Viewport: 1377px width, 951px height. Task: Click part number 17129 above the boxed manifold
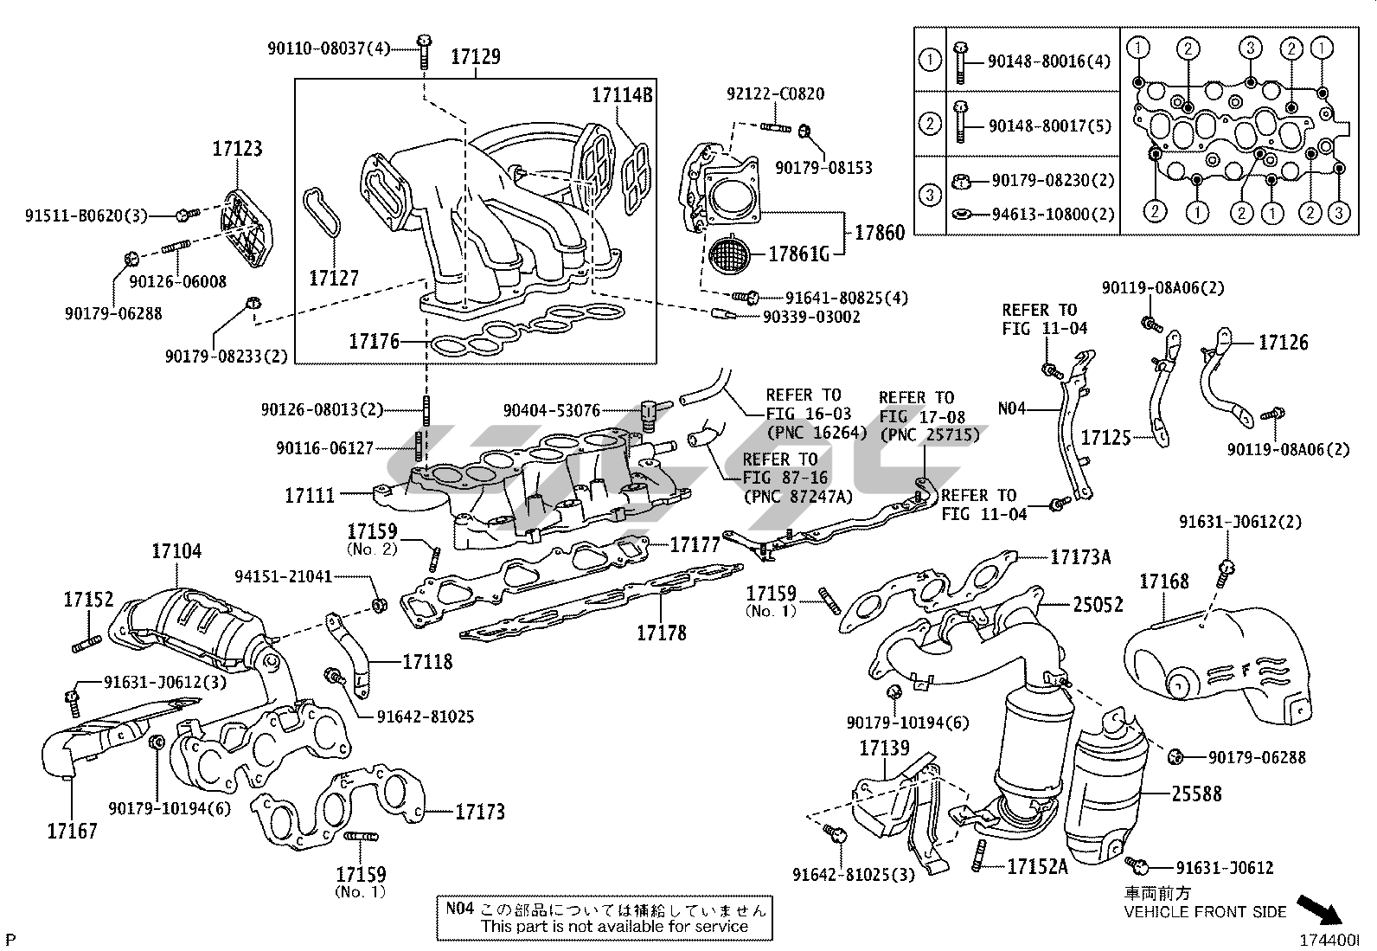click(x=475, y=58)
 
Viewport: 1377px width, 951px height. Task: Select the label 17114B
click(x=621, y=95)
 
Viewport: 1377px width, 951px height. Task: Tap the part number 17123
click(x=237, y=149)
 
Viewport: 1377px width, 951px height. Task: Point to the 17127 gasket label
click(x=334, y=278)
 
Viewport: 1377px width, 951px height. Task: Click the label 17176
click(x=375, y=342)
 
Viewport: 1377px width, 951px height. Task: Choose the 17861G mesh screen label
click(x=799, y=254)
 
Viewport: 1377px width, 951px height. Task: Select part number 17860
click(x=880, y=232)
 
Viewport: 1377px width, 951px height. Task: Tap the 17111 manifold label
click(x=310, y=495)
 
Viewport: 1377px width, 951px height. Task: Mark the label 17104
click(x=176, y=550)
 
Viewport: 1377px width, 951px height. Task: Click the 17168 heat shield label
click(x=1163, y=582)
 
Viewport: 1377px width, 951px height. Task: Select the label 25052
click(x=1098, y=604)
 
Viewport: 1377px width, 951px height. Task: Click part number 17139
click(x=884, y=748)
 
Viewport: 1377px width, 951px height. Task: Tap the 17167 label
click(x=72, y=831)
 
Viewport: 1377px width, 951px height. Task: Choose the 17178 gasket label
click(x=662, y=633)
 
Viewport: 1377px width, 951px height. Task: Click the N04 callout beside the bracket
click(x=1012, y=407)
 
